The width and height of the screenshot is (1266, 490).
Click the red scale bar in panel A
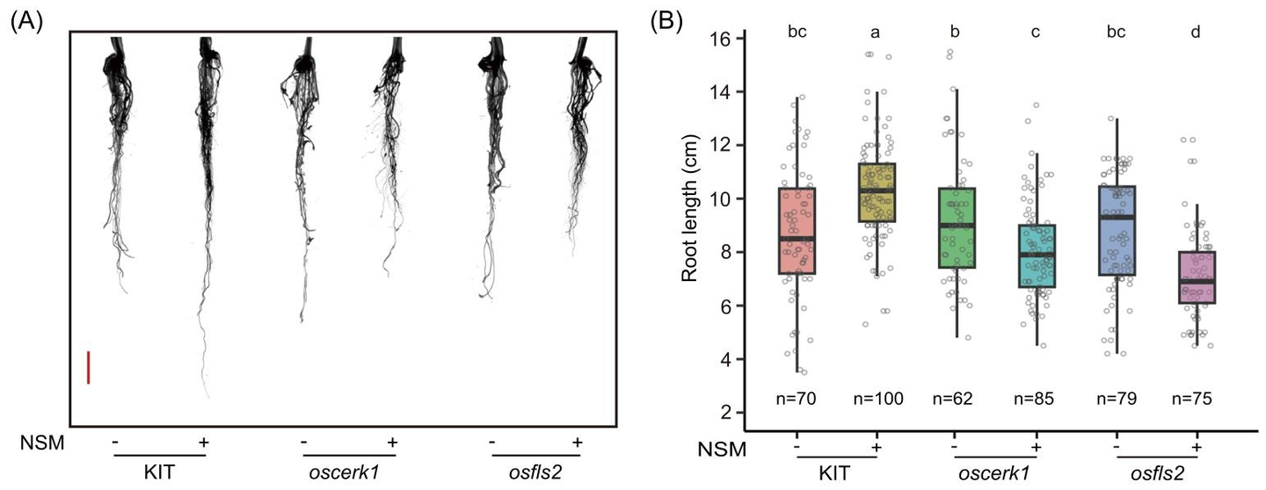click(89, 367)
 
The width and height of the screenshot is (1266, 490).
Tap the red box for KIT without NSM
click(797, 231)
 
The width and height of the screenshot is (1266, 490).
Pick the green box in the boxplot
click(956, 227)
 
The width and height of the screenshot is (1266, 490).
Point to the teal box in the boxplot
click(1036, 256)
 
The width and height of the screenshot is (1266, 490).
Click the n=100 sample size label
click(876, 399)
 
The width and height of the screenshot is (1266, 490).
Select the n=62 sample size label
click(956, 399)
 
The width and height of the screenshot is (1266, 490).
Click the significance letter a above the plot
click(876, 33)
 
